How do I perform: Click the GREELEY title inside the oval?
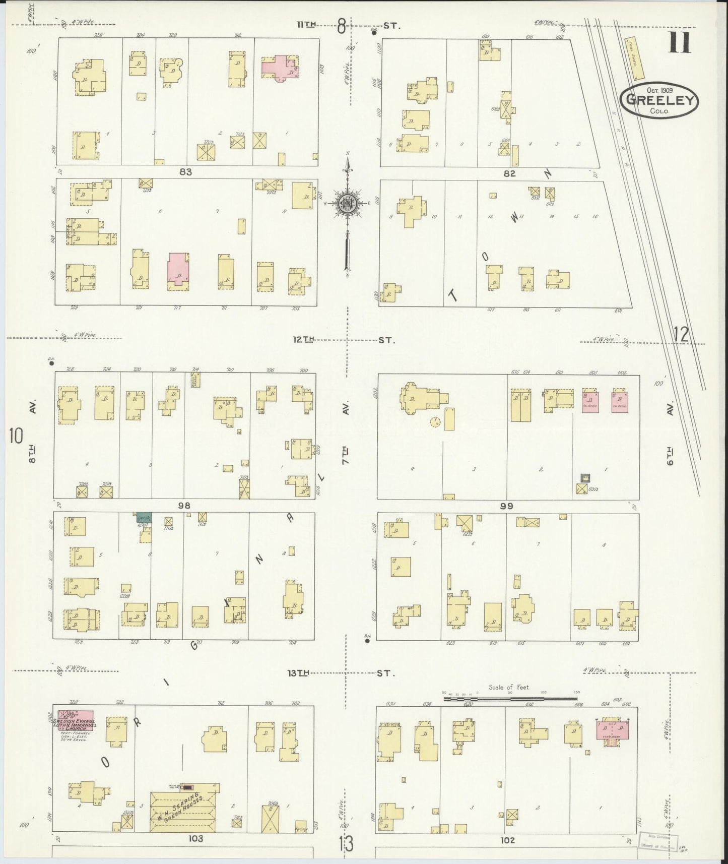[x=660, y=99]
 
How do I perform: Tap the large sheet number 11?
[x=680, y=42]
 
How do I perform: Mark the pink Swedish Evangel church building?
[x=76, y=717]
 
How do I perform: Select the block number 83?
[x=185, y=172]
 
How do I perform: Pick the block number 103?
[x=195, y=838]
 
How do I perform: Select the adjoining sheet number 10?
[x=16, y=436]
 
